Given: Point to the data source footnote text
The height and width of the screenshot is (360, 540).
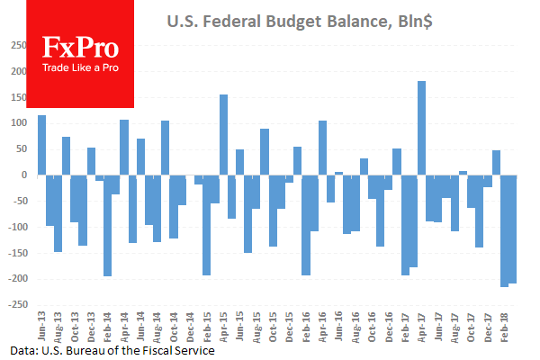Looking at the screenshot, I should (x=113, y=350).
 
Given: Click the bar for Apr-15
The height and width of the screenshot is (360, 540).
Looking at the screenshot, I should (x=223, y=134).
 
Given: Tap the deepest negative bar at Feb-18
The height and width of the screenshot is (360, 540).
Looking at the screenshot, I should (x=504, y=230).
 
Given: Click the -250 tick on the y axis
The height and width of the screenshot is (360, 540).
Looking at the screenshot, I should (x=18, y=305).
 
